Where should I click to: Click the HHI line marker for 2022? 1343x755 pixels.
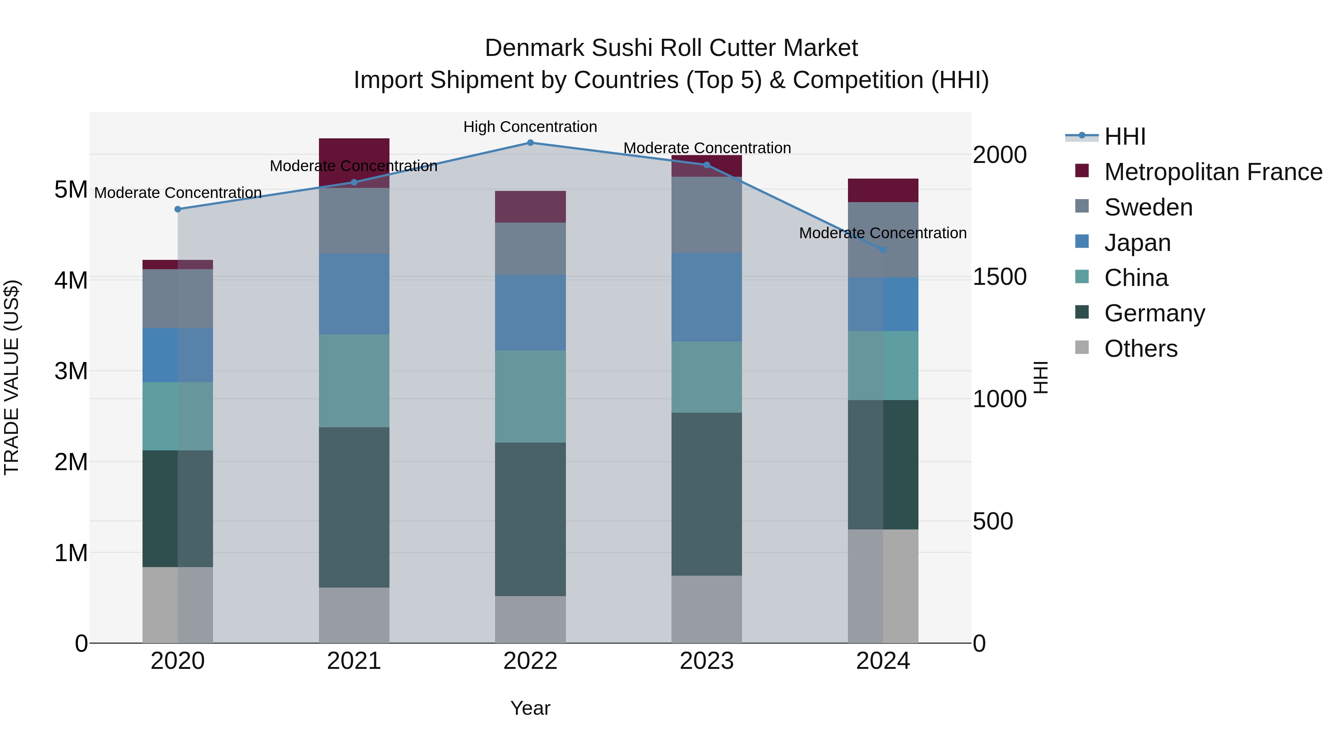[530, 142]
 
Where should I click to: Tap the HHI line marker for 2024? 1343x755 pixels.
[883, 250]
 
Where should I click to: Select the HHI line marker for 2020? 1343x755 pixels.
[178, 209]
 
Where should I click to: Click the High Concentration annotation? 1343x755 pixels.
[530, 127]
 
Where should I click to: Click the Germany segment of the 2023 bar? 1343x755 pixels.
[707, 494]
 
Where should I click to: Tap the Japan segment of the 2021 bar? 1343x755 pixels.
[354, 294]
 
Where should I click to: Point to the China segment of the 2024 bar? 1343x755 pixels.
[883, 365]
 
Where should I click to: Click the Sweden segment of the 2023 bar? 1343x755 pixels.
[707, 215]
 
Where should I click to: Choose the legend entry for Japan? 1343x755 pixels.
[1137, 242]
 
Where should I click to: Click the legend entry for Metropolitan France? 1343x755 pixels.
[1213, 172]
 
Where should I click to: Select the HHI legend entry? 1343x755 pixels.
[1124, 136]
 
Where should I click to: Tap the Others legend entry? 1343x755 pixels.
[1140, 348]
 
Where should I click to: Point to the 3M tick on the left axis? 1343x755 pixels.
[71, 371]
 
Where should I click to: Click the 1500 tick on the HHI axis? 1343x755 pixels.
[999, 277]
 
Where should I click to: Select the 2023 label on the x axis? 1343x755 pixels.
[707, 661]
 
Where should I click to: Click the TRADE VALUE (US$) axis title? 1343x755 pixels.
[12, 377]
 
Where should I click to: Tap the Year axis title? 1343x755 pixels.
[530, 708]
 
